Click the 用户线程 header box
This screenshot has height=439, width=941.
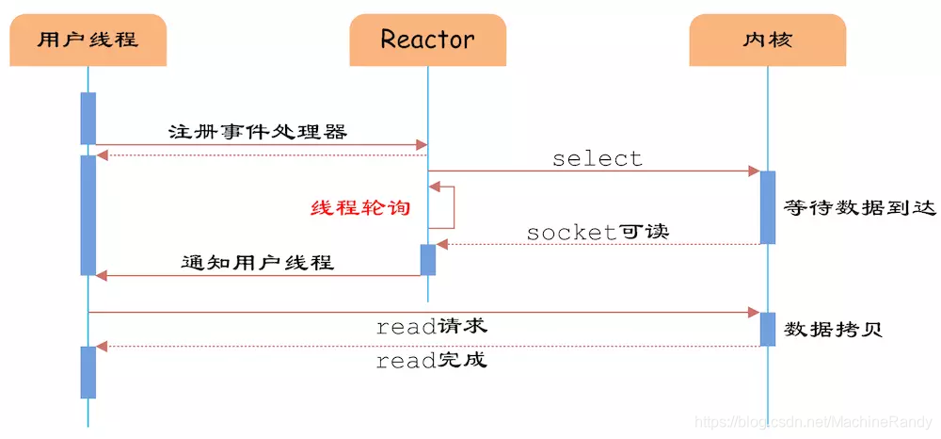pos(88,40)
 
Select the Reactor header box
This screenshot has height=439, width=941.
pos(427,40)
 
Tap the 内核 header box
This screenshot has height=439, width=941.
pos(767,40)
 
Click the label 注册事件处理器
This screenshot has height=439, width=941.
pos(258,131)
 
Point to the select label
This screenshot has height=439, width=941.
pos(598,158)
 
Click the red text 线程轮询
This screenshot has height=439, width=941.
pos(361,207)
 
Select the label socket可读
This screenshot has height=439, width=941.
pos(598,231)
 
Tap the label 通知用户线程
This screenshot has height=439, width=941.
pos(258,262)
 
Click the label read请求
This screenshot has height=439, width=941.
pos(432,327)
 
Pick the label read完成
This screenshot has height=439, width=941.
pos(432,360)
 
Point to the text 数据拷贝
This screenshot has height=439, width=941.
pos(835,330)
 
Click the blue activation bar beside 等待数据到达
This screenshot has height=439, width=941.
pos(768,207)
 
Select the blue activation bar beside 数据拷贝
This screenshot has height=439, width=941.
pos(768,329)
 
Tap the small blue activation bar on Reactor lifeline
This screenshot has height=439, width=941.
pos(428,260)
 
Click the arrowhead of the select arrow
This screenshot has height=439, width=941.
pos(754,171)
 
